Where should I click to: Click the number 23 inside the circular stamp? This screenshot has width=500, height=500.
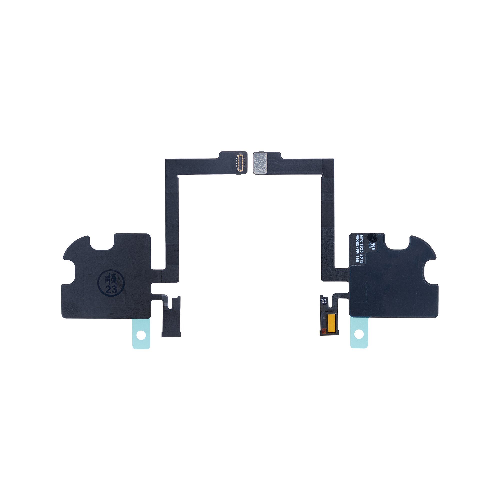(x=111, y=289)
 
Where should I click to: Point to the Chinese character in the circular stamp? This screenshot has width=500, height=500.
(x=111, y=280)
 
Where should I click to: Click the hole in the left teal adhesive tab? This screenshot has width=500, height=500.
(x=141, y=335)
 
